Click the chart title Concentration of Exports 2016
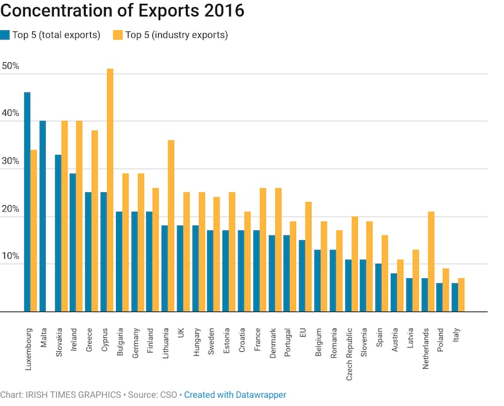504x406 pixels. click(x=122, y=12)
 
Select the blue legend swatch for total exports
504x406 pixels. click(x=5, y=35)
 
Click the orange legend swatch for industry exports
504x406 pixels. click(x=118, y=35)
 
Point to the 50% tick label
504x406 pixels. click(x=11, y=66)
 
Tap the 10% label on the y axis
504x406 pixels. click(x=11, y=257)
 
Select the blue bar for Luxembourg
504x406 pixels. click(x=27, y=201)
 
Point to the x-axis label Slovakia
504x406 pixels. click(x=59, y=342)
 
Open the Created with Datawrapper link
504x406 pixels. click(x=235, y=395)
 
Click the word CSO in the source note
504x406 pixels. click(x=168, y=395)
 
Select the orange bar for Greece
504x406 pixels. click(x=94, y=221)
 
